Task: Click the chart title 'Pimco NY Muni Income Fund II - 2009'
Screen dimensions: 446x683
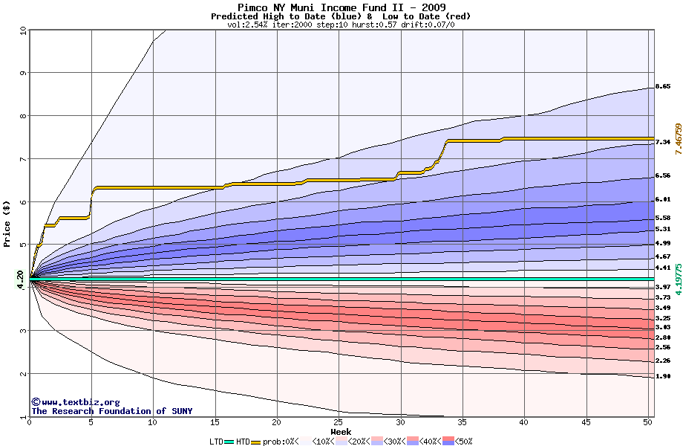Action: tap(341, 7)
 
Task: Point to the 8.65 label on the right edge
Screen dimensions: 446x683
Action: tap(663, 87)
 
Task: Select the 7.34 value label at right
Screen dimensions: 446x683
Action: tap(663, 142)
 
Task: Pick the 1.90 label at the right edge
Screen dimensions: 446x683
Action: tap(663, 377)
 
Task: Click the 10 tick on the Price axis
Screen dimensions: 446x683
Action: tap(22, 30)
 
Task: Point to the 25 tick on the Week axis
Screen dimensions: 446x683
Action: tap(339, 422)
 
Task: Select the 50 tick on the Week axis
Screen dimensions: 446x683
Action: tap(647, 422)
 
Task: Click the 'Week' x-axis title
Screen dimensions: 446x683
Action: tap(341, 431)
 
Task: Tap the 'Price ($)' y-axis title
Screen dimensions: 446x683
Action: tap(7, 224)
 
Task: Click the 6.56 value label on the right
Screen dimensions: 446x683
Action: tap(663, 176)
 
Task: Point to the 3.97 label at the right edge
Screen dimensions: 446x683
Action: tap(663, 287)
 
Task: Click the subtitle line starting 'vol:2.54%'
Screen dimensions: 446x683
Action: tap(341, 25)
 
